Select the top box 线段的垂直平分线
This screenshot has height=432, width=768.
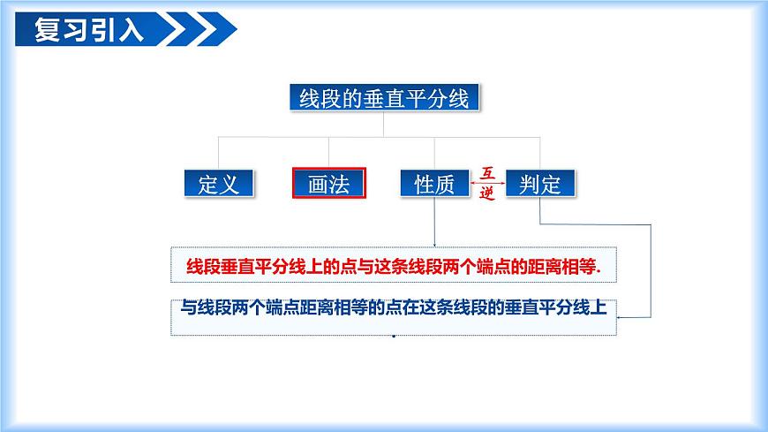384,97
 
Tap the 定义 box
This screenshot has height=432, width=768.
219,184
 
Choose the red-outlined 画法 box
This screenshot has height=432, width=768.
328,184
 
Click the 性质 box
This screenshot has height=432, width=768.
434,184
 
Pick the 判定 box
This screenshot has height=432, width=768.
540,184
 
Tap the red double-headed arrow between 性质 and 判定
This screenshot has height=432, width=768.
487,184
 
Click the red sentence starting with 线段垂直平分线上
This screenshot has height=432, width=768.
393,265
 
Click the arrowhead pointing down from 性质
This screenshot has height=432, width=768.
434,243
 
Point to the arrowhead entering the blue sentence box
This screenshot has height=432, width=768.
621,315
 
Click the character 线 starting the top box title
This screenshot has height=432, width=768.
304,97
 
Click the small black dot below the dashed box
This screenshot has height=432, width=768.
393,337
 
